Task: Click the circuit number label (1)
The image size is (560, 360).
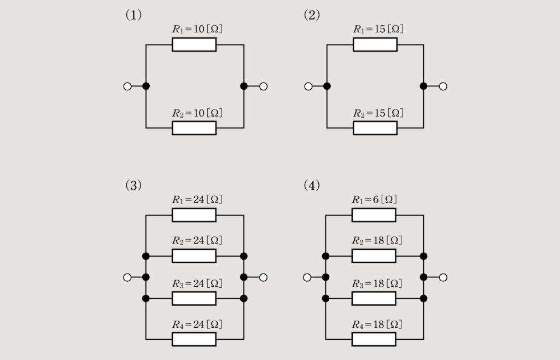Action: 134,15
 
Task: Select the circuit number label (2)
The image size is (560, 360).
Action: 312,15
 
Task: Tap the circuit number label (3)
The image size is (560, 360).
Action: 134,185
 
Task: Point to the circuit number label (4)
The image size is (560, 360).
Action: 312,185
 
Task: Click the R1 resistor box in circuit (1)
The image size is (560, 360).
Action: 194,44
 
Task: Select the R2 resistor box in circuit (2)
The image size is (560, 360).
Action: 375,128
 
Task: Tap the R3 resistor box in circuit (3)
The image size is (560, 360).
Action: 194,298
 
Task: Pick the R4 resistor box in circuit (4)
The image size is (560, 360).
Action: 374,339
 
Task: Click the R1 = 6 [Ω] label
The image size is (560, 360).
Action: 374,200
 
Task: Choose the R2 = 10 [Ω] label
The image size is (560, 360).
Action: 197,113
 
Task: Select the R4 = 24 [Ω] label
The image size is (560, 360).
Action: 197,324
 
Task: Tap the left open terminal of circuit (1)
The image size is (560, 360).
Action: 127,86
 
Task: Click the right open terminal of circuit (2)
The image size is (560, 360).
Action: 443,86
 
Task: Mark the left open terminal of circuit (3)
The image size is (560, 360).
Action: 127,277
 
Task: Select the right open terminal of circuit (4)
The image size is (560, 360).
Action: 443,277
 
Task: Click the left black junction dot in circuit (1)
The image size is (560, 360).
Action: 146,86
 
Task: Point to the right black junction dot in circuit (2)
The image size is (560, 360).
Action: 423,86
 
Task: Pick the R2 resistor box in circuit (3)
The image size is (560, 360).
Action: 194,256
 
